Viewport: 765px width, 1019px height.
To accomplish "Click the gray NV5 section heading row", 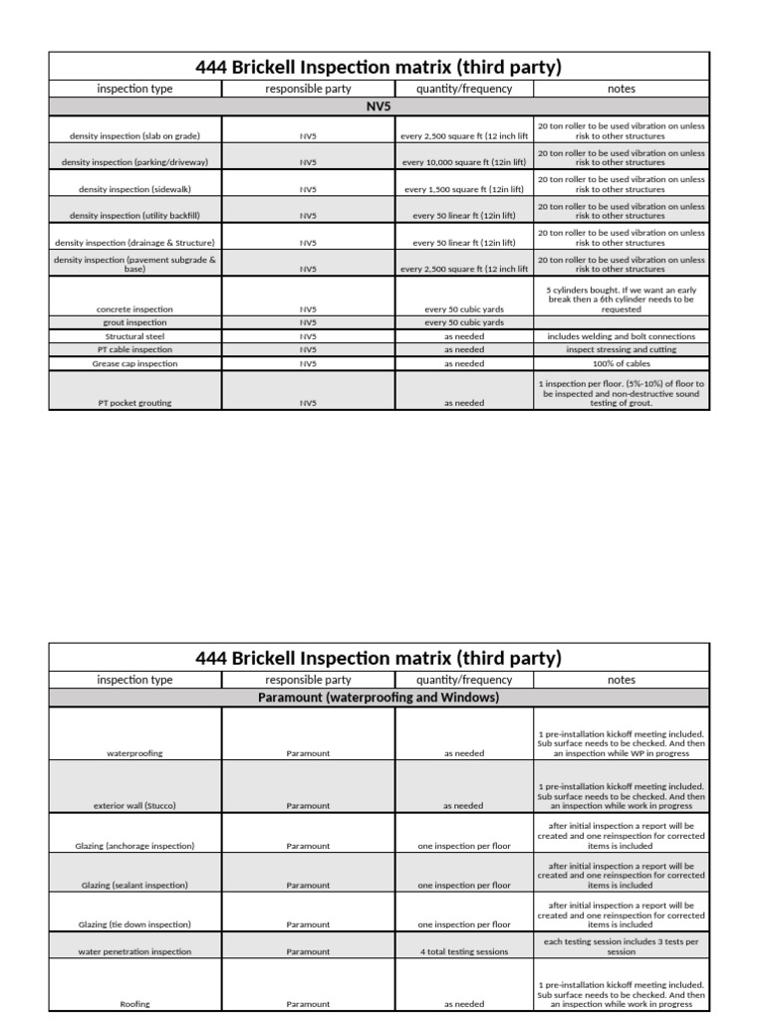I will (379, 104).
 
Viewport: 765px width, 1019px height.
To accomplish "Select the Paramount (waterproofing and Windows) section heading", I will (379, 698).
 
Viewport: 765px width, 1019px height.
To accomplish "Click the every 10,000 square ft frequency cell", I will (464, 162).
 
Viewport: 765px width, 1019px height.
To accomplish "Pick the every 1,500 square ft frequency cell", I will (464, 189).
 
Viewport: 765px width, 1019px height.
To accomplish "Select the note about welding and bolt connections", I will (621, 336).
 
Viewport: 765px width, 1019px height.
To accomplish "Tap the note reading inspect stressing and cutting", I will (621, 349).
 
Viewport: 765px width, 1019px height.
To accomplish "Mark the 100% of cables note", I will (621, 363).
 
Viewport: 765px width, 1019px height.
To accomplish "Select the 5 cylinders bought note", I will (621, 299).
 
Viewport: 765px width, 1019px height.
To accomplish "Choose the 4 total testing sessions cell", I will (464, 951).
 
